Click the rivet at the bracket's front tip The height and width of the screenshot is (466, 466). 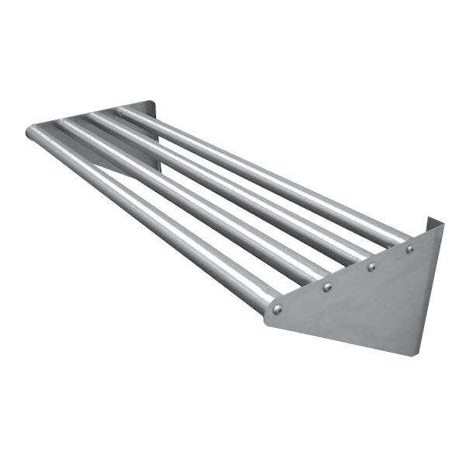(277, 309)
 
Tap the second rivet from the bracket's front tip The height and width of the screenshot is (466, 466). (327, 287)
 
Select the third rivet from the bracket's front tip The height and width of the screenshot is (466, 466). (371, 267)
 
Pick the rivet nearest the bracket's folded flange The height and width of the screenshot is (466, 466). (409, 249)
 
